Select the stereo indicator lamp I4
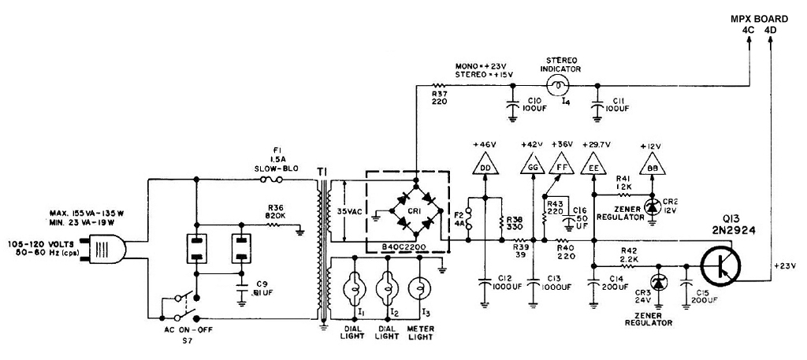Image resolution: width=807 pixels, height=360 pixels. (559, 86)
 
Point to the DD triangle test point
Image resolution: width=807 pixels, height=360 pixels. (485, 165)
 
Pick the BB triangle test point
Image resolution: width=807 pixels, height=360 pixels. (653, 165)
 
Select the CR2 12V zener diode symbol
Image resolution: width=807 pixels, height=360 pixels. (653, 206)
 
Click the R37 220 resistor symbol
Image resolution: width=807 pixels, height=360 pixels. (439, 85)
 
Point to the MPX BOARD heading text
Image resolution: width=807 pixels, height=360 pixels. (760, 19)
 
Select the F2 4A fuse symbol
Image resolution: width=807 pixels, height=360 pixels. (469, 219)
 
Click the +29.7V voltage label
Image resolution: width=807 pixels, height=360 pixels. (595, 144)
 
